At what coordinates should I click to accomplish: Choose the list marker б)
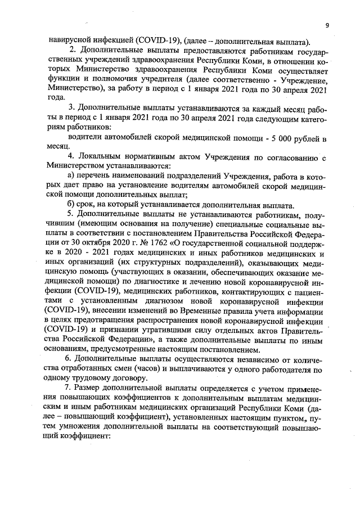[x=71, y=203]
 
